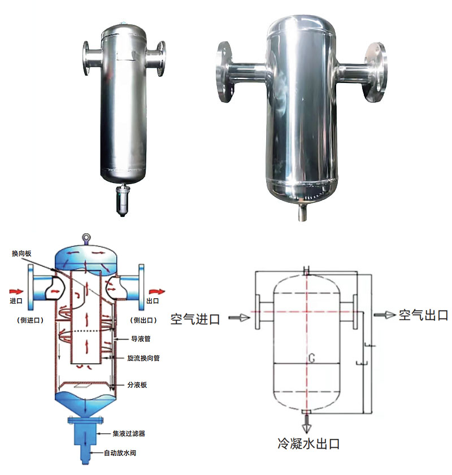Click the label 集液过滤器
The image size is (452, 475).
(129, 434)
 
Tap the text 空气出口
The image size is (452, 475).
(424, 315)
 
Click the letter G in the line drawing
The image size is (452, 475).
(311, 358)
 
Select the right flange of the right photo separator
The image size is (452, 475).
(378, 72)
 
